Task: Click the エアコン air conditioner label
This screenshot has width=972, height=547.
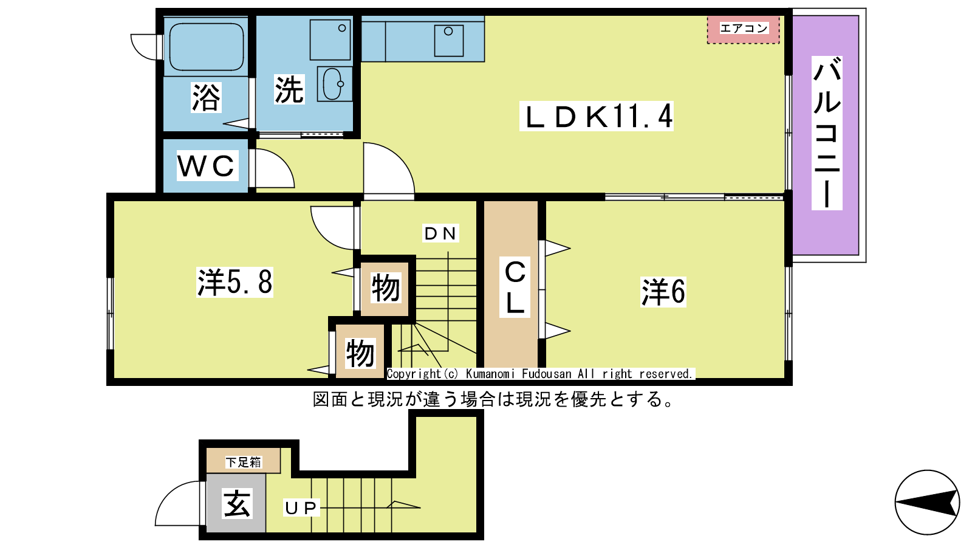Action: (x=744, y=28)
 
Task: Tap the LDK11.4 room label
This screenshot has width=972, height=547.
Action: (x=597, y=116)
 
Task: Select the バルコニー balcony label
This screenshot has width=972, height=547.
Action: (x=827, y=133)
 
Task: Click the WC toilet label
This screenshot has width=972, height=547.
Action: (x=207, y=165)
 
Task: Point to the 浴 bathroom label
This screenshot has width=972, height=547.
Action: (x=206, y=98)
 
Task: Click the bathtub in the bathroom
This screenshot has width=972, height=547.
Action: (x=206, y=46)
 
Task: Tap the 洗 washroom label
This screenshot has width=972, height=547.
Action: (x=289, y=89)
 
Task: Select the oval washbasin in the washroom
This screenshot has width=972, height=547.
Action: (x=334, y=84)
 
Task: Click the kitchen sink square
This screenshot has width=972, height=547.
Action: (x=449, y=41)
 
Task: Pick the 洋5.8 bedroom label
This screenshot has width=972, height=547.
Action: (x=234, y=282)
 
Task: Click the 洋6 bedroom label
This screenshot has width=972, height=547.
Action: (x=663, y=292)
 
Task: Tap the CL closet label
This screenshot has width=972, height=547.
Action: (x=515, y=287)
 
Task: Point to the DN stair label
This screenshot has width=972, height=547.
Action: (x=440, y=233)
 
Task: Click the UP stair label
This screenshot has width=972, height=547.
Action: (x=301, y=507)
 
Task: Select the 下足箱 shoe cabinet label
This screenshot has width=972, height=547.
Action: (x=243, y=463)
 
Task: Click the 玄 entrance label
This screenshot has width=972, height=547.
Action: (x=237, y=504)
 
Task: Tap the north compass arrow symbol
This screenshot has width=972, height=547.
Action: (x=927, y=503)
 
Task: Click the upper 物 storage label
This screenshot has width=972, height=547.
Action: (x=386, y=287)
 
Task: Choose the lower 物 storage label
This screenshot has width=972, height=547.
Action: (x=360, y=353)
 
